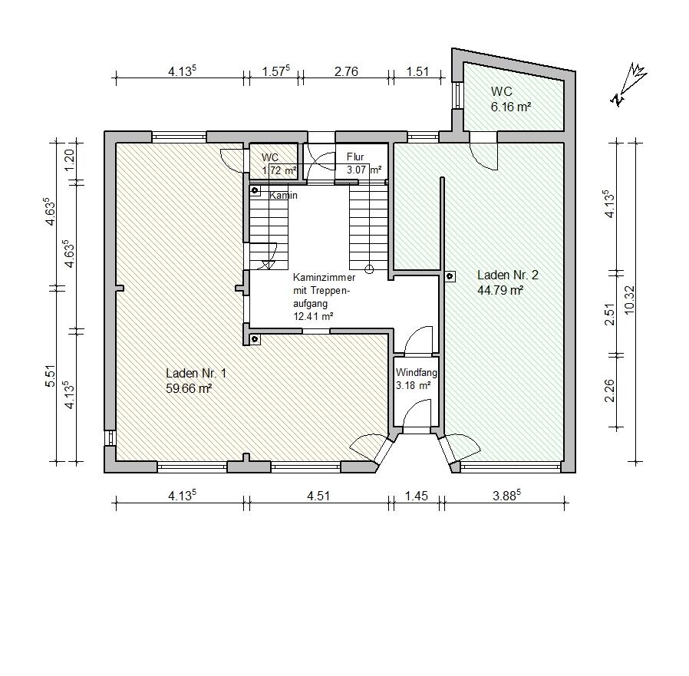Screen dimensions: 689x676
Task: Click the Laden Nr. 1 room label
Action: click(196, 373)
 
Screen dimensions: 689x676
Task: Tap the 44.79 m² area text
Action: click(500, 290)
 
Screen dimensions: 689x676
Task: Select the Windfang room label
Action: click(416, 373)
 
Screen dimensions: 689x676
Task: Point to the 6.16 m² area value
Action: click(511, 107)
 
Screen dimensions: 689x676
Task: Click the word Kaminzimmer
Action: click(325, 278)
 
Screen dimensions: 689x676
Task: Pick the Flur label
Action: click(355, 157)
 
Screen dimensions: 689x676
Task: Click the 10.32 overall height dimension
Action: click(629, 300)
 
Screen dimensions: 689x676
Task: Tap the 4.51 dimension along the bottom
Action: click(318, 496)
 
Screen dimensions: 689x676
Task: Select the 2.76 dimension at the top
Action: click(346, 71)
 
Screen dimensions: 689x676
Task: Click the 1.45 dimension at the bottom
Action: click(416, 496)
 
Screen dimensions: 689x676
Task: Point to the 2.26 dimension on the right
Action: click(609, 391)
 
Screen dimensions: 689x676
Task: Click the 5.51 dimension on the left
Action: click(51, 376)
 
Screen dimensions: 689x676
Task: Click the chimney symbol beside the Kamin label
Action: click(255, 190)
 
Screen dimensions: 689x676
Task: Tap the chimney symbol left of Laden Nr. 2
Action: click(450, 276)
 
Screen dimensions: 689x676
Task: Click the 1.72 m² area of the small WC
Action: click(279, 170)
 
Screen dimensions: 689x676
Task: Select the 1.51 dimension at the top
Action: click(417, 71)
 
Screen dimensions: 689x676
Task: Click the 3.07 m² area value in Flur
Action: click(364, 170)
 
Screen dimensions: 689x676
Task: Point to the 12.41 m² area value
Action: click(313, 315)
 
